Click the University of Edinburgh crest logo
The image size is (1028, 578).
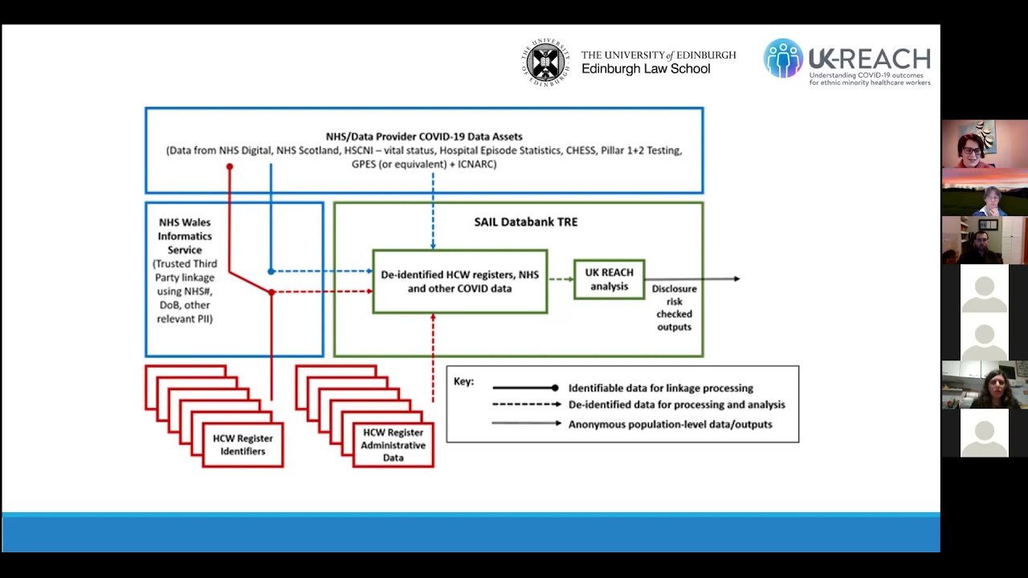click(x=546, y=62)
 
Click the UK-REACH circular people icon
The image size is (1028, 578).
click(x=782, y=59)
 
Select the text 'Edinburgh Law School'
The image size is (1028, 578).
click(x=646, y=69)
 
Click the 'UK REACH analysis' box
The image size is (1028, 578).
click(x=609, y=279)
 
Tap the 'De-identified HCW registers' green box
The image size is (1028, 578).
click(x=459, y=282)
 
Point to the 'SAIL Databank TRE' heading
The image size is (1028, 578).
click(x=525, y=222)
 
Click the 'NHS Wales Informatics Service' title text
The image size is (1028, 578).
click(x=185, y=236)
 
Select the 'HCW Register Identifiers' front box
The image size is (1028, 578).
click(x=243, y=445)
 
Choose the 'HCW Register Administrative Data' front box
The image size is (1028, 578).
click(x=393, y=445)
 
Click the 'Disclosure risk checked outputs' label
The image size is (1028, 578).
click(x=674, y=307)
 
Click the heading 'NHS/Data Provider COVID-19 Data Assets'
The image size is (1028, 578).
click(x=424, y=136)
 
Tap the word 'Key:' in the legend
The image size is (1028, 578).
click(x=463, y=381)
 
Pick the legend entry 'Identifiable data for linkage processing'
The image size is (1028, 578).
click(x=660, y=388)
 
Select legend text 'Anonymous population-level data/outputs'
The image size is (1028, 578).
click(x=670, y=424)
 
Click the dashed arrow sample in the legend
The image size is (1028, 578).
click(x=526, y=405)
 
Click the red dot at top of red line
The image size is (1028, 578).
click(x=230, y=167)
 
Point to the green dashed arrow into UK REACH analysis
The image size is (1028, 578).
click(x=561, y=279)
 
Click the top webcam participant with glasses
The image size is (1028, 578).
click(x=984, y=144)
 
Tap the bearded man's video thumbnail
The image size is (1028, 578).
click(x=984, y=240)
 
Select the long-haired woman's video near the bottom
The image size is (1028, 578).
click(x=984, y=385)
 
